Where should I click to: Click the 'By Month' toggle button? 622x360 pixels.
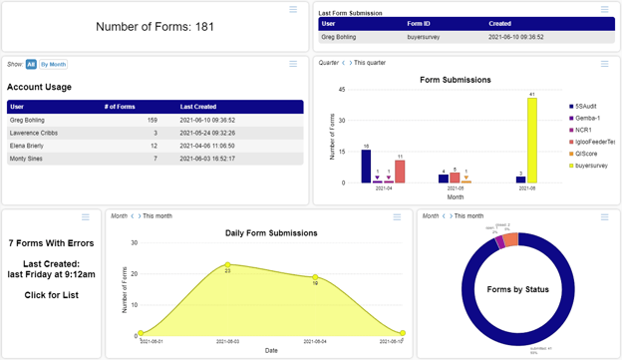tap(53, 64)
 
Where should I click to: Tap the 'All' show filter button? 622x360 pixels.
tap(31, 64)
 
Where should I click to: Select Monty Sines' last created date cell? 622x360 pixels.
tap(207, 159)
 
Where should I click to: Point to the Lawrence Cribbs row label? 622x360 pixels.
tap(35, 133)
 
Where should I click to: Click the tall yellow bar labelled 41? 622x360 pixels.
tap(531, 140)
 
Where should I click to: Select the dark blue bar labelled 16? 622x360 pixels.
tap(366, 166)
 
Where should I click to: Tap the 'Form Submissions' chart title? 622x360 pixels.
tap(455, 80)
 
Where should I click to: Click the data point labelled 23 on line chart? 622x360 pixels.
tap(228, 264)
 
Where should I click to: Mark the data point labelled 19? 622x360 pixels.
tap(316, 277)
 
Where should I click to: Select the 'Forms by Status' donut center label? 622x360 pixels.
tap(518, 289)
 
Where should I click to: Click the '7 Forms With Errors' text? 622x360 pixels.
tap(51, 243)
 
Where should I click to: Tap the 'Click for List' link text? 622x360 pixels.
tap(51, 295)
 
